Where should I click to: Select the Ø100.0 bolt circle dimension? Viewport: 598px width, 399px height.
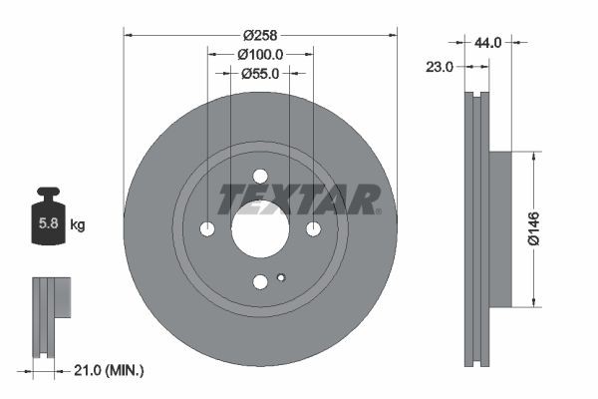tap(261, 55)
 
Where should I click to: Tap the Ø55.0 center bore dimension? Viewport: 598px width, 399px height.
tap(261, 73)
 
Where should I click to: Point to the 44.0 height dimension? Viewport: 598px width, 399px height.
tap(488, 42)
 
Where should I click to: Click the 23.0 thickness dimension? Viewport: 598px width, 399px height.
tap(439, 67)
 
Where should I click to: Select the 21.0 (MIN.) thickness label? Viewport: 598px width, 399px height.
tap(109, 370)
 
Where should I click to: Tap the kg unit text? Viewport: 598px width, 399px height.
tap(78, 225)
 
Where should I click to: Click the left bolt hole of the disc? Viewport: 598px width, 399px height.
tap(208, 229)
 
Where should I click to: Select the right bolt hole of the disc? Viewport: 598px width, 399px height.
tap(313, 229)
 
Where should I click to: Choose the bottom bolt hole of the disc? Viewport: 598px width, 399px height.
tap(260, 282)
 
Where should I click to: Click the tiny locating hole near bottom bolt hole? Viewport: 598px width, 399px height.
tap(281, 278)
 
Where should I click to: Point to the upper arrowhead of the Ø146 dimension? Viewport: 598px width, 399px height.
tap(534, 157)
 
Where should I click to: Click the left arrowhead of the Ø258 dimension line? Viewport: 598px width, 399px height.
tap(128, 34)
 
